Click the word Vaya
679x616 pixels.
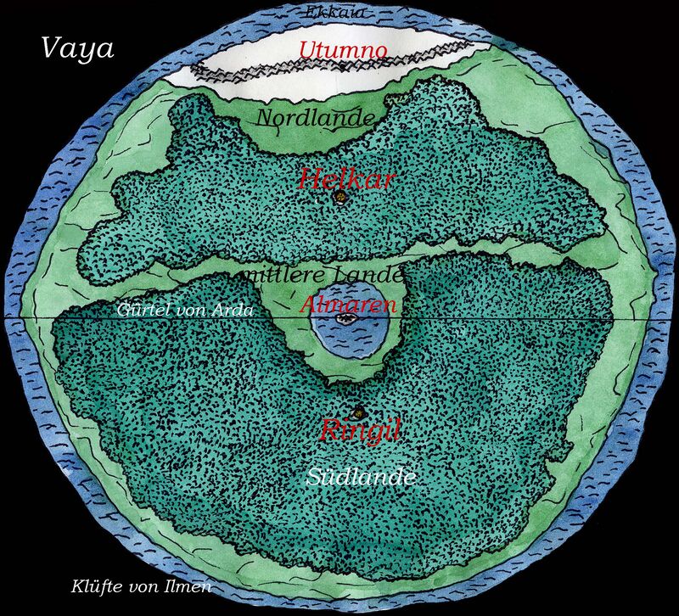click(77, 48)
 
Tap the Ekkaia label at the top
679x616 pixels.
click(336, 13)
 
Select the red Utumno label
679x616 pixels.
click(343, 50)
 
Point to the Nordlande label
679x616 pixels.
click(315, 118)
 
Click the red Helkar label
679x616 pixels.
click(337, 178)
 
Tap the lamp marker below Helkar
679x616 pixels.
click(341, 198)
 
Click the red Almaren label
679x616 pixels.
click(349, 304)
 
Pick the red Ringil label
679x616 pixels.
click(360, 430)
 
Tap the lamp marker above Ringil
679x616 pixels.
click(357, 413)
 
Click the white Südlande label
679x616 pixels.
click(362, 478)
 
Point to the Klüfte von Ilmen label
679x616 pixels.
click(141, 586)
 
